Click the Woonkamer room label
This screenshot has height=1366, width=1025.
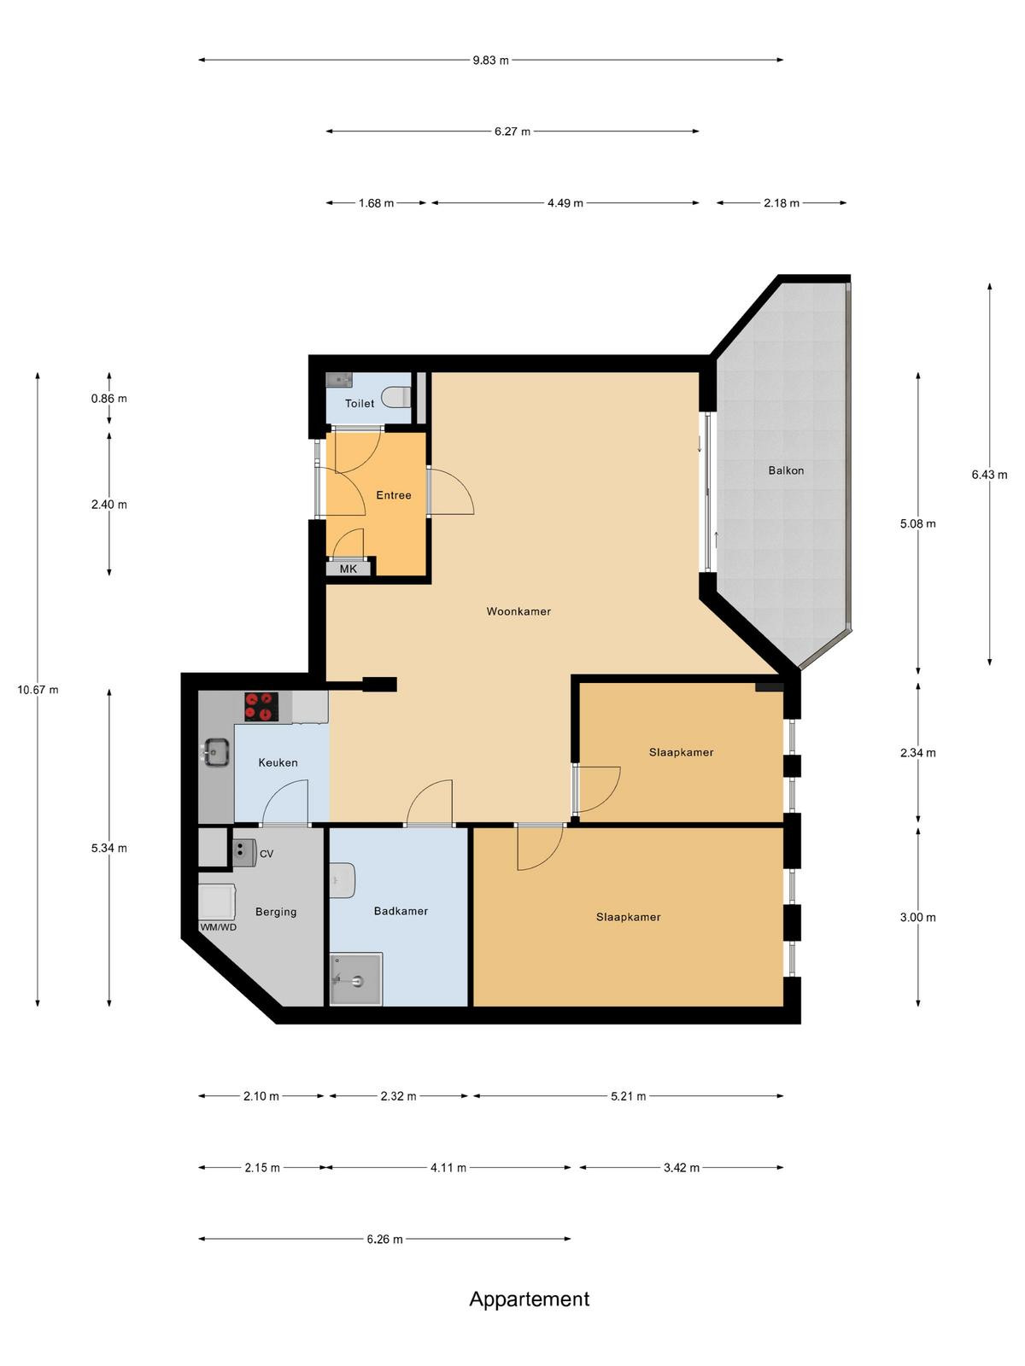click(x=518, y=611)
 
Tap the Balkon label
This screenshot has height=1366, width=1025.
click(x=785, y=470)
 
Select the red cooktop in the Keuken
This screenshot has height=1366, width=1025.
click(x=261, y=707)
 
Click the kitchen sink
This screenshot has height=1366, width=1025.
click(x=214, y=753)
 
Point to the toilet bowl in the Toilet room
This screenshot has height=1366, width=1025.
click(x=395, y=396)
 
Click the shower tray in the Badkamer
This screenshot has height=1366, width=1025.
click(x=355, y=979)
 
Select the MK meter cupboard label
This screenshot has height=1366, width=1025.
click(x=348, y=569)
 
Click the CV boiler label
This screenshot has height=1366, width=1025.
click(x=266, y=854)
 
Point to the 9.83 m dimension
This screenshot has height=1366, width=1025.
click(x=490, y=61)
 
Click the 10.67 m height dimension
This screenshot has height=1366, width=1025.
click(x=38, y=690)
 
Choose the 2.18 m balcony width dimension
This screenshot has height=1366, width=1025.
click(x=781, y=203)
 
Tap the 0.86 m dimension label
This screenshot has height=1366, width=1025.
click(x=109, y=399)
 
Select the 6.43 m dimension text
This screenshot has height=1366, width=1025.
click(x=989, y=475)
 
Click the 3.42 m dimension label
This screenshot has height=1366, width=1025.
click(x=681, y=1168)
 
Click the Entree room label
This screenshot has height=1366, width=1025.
click(x=393, y=495)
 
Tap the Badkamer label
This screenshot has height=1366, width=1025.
click(x=401, y=911)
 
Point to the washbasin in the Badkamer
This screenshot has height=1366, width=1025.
click(x=343, y=880)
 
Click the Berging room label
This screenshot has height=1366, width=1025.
click(x=276, y=912)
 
